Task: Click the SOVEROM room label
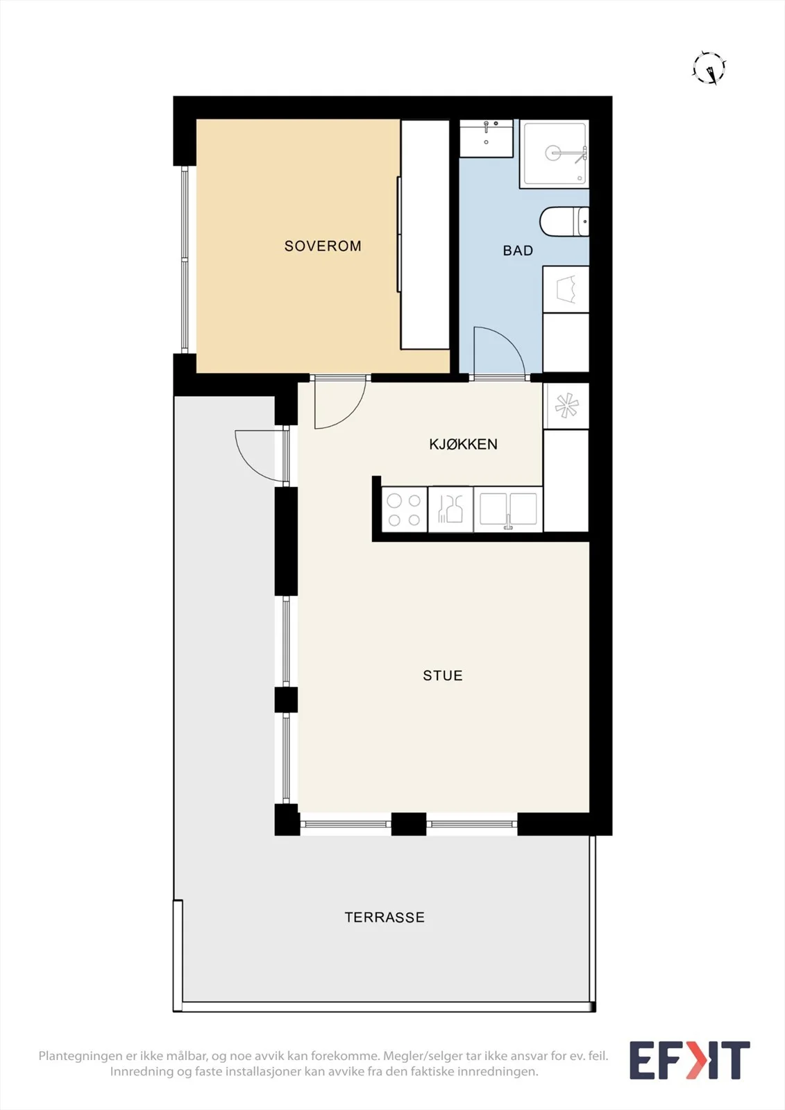click(323, 246)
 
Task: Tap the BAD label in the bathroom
click(518, 250)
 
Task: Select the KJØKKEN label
click(463, 444)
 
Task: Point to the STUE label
click(443, 676)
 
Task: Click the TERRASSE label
click(385, 917)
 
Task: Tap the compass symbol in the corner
click(709, 68)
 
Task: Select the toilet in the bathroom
click(564, 221)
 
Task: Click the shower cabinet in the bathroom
click(555, 153)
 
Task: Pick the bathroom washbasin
click(486, 138)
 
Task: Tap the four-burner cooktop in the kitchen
click(404, 510)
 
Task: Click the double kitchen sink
click(508, 510)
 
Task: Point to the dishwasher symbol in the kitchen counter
click(450, 510)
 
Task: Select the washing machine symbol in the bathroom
click(566, 289)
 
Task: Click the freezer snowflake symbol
click(566, 407)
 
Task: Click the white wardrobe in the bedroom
click(425, 234)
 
